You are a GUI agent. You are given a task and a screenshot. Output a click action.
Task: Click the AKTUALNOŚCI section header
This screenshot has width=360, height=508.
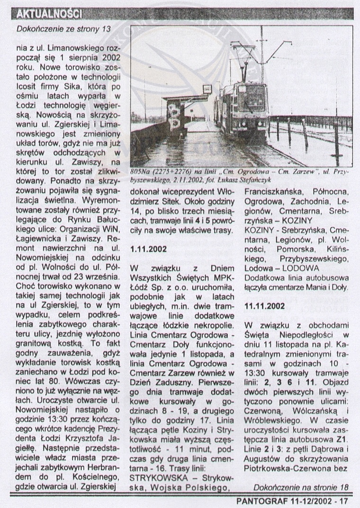click(x=49, y=13)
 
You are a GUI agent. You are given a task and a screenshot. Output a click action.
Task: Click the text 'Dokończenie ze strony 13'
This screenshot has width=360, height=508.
click(x=63, y=29)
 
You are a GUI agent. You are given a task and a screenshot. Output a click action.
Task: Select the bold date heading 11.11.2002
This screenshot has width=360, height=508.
click(x=265, y=306)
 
